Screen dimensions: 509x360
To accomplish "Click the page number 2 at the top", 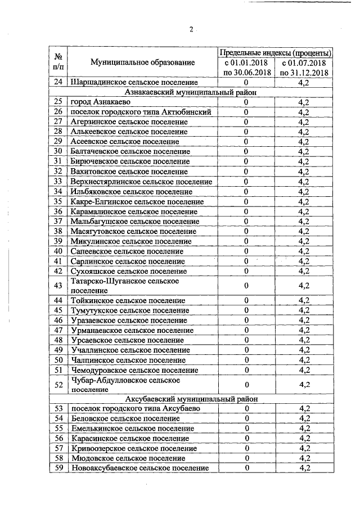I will pos(191,30).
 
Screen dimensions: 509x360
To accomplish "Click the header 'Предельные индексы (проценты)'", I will pos(274,52).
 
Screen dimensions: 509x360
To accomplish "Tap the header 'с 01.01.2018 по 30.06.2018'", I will pos(246,67).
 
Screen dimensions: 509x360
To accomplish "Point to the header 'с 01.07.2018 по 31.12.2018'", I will pos(304,67).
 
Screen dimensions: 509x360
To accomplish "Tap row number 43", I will pos(58,286).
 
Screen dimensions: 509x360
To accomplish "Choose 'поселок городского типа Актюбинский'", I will pos(141,112).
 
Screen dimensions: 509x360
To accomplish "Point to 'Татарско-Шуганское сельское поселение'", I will pos(125,286).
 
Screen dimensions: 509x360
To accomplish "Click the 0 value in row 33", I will pos(246,181).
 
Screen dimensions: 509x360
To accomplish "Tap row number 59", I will pos(58,468).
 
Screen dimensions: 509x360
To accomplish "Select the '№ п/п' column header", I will pos(58,62).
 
